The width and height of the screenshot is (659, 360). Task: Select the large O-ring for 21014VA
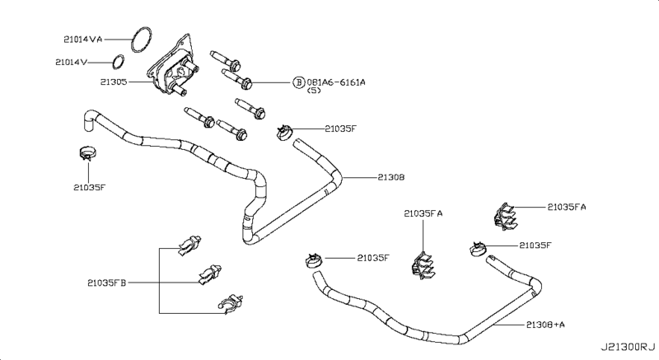143,38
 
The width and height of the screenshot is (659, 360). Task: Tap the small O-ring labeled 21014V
119,62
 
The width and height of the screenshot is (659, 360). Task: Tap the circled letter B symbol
299,82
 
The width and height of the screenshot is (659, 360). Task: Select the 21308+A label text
545,325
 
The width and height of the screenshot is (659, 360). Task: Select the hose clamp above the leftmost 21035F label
86,153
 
